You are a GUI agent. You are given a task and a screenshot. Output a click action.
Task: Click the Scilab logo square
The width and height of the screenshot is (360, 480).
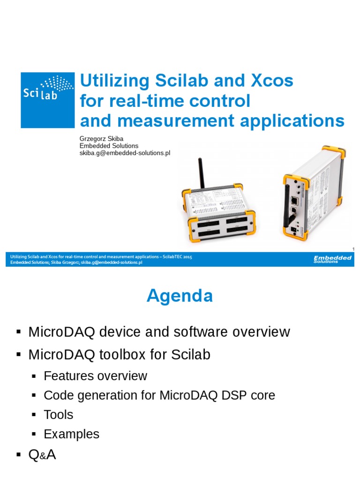[47, 100]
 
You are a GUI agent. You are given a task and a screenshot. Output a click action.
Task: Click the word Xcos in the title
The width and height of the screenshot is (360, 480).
[270, 81]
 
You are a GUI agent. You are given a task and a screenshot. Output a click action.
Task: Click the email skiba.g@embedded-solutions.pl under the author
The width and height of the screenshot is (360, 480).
[125, 153]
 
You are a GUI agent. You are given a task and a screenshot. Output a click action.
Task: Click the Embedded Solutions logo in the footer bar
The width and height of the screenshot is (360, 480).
[332, 259]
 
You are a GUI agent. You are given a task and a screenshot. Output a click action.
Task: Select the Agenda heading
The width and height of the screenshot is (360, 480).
[180, 296]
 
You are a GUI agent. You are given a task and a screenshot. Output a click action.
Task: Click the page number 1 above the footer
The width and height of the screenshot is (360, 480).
[353, 248]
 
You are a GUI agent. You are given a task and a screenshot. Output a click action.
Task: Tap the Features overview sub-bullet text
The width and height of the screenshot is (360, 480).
[95, 376]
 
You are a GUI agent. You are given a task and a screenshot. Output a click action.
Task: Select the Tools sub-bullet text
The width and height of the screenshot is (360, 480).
[58, 415]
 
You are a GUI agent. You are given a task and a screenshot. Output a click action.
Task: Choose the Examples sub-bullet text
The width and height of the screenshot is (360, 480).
[71, 434]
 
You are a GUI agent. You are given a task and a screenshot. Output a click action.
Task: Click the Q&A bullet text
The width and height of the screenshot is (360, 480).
[42, 454]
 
